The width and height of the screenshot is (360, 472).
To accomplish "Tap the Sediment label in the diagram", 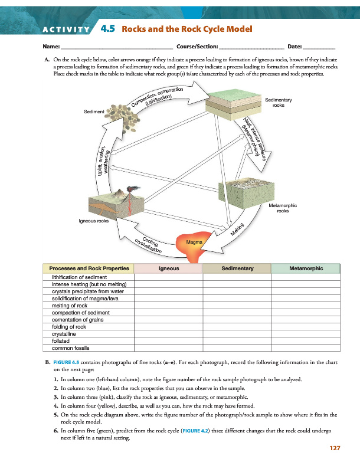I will point(94,111).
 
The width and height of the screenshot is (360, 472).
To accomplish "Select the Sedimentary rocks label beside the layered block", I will point(278,103).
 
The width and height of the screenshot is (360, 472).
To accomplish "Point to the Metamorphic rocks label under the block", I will point(282,208).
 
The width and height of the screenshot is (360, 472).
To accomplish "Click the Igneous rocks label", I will point(93,221).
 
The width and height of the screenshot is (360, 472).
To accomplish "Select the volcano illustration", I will point(121,204).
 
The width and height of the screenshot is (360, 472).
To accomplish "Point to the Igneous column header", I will point(169,268).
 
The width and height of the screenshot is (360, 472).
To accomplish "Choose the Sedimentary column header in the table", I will point(237,268).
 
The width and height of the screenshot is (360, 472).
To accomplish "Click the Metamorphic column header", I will point(306,268).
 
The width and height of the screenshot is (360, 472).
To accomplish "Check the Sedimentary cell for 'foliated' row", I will point(237,340).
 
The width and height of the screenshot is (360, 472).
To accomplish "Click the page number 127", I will point(335,449).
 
